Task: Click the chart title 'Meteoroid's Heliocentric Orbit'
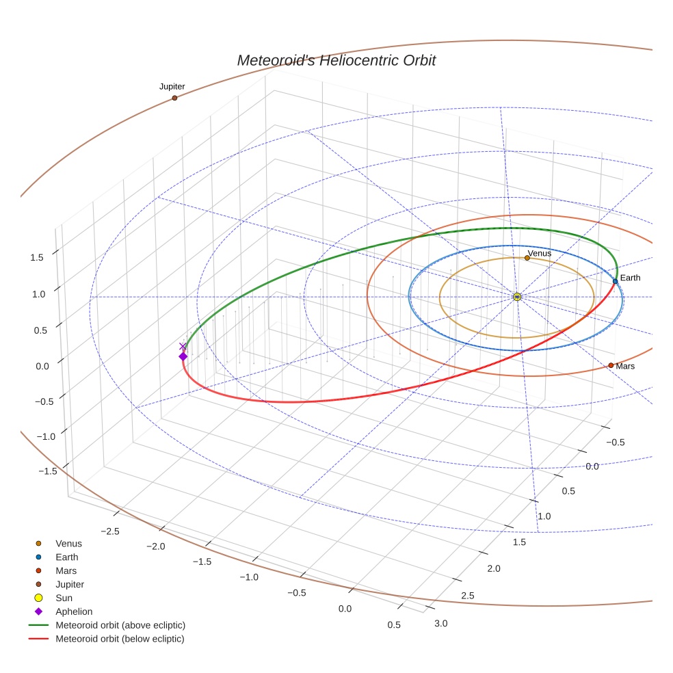click(x=336, y=60)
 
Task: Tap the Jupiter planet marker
click(x=174, y=98)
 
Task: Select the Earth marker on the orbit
click(x=615, y=281)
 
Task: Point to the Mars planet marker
click(x=611, y=365)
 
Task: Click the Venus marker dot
click(x=527, y=258)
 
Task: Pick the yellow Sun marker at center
click(x=517, y=296)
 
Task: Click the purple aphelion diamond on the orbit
click(x=183, y=356)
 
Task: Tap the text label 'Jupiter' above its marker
click(x=172, y=87)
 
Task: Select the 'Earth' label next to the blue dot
click(x=630, y=278)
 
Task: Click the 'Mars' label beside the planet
click(x=625, y=367)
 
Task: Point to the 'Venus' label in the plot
click(x=540, y=253)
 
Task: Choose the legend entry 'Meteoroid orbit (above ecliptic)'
click(x=120, y=625)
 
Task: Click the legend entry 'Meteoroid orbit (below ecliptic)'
click(x=120, y=639)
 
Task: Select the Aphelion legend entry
click(x=74, y=611)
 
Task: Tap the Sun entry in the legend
click(x=64, y=598)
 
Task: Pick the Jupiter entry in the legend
click(x=70, y=584)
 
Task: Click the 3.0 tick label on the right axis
click(x=441, y=622)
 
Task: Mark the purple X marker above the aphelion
click(x=182, y=346)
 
